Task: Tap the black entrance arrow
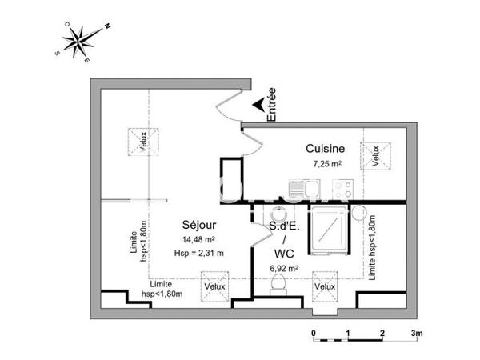(x=258, y=104)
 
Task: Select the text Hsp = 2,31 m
(x=198, y=253)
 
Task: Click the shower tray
(x=328, y=230)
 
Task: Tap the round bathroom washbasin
(x=278, y=217)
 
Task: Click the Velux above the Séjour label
(x=143, y=140)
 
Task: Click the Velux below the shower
(x=325, y=286)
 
